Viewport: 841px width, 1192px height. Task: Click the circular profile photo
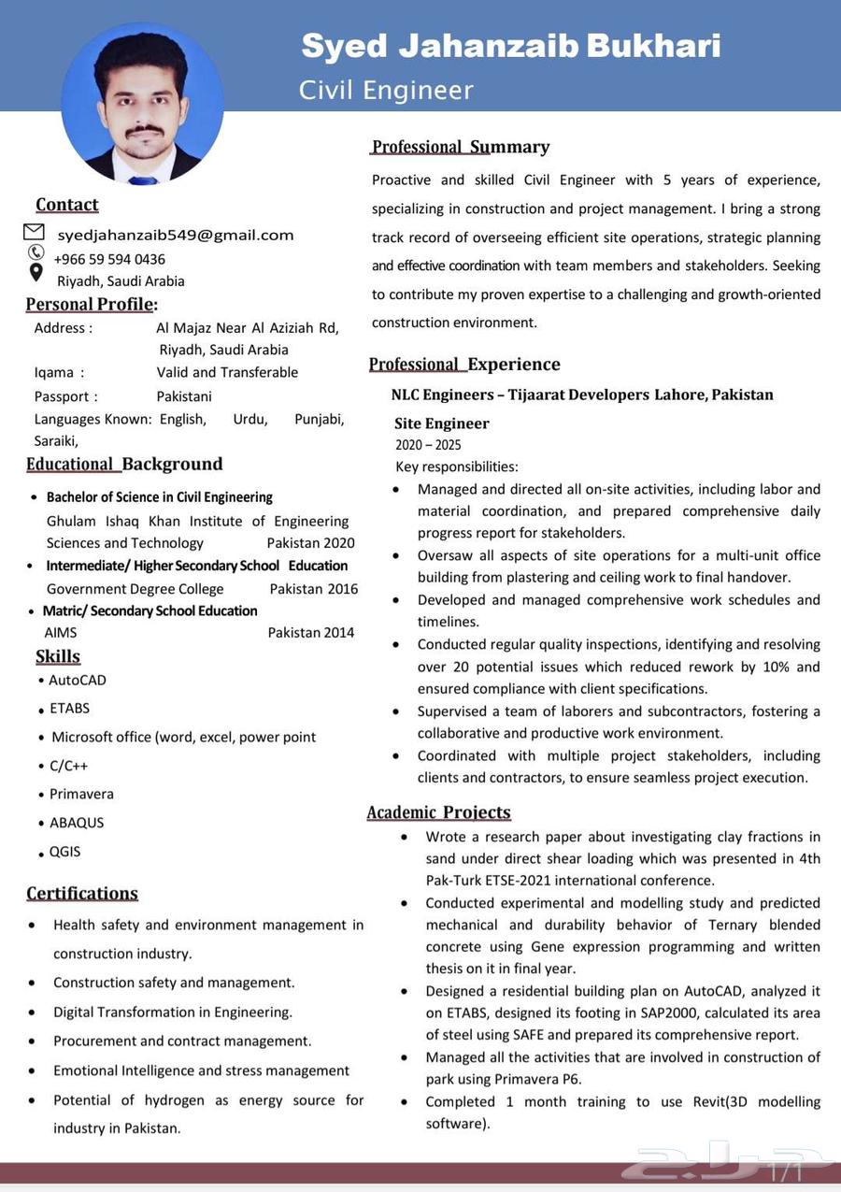click(x=142, y=104)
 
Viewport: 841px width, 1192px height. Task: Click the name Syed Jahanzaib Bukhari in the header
click(x=510, y=45)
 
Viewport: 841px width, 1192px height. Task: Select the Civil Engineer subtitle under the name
click(x=386, y=90)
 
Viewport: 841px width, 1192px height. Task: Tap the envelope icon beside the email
click(x=34, y=232)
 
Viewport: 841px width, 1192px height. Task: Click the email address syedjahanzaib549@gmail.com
click(x=176, y=235)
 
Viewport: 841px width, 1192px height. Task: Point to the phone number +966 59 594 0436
click(x=110, y=259)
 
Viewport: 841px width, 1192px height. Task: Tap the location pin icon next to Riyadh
click(x=36, y=273)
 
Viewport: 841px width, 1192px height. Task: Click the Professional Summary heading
click(x=461, y=147)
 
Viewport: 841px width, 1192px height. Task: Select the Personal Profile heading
click(x=91, y=304)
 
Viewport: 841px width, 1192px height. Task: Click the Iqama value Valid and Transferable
click(x=227, y=372)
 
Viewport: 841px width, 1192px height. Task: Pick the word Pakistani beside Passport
click(x=184, y=396)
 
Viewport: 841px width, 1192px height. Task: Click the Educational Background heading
click(x=124, y=464)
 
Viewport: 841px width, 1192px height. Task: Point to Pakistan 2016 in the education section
click(x=313, y=589)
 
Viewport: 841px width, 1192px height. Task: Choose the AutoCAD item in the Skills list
click(x=78, y=680)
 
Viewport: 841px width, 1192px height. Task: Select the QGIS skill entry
click(x=64, y=852)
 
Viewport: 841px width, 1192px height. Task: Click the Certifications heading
click(x=82, y=893)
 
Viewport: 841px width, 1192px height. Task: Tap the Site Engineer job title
click(x=441, y=424)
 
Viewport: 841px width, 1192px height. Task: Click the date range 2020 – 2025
click(x=428, y=445)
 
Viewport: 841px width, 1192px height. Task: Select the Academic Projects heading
click(x=438, y=812)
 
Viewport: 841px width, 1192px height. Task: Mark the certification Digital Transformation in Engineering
click(x=173, y=1012)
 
